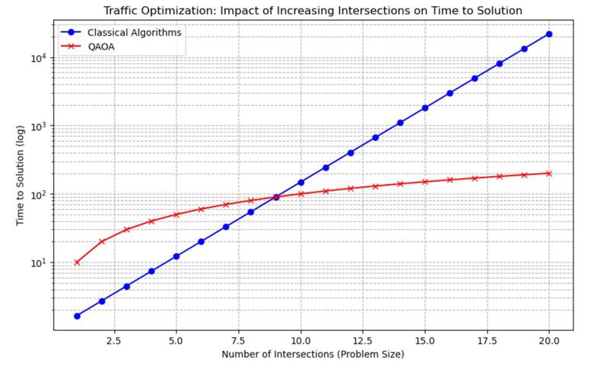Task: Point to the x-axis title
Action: tap(312, 355)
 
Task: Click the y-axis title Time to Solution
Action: tap(20, 177)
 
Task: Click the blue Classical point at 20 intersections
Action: tap(548, 34)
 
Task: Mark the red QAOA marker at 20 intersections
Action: tap(548, 173)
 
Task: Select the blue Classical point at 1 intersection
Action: tap(77, 316)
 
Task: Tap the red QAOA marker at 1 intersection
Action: tap(77, 262)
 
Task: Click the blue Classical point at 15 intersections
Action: tap(424, 108)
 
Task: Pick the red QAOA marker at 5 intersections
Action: tap(176, 215)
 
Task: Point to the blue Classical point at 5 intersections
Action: tap(176, 256)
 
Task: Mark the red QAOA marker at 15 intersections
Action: tap(424, 182)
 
